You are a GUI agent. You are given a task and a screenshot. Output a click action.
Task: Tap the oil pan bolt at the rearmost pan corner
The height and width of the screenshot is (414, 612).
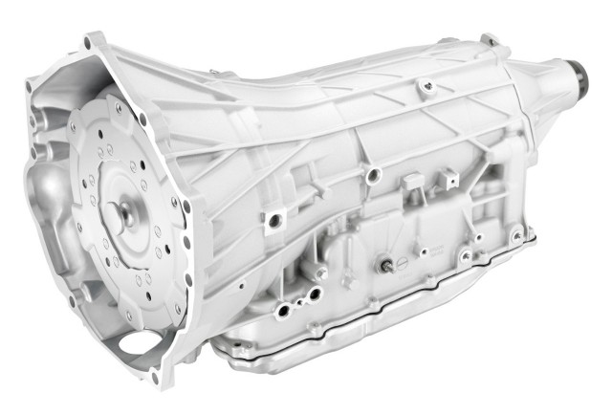(517, 233)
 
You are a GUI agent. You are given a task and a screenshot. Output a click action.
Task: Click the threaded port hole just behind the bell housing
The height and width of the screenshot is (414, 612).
(274, 220)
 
